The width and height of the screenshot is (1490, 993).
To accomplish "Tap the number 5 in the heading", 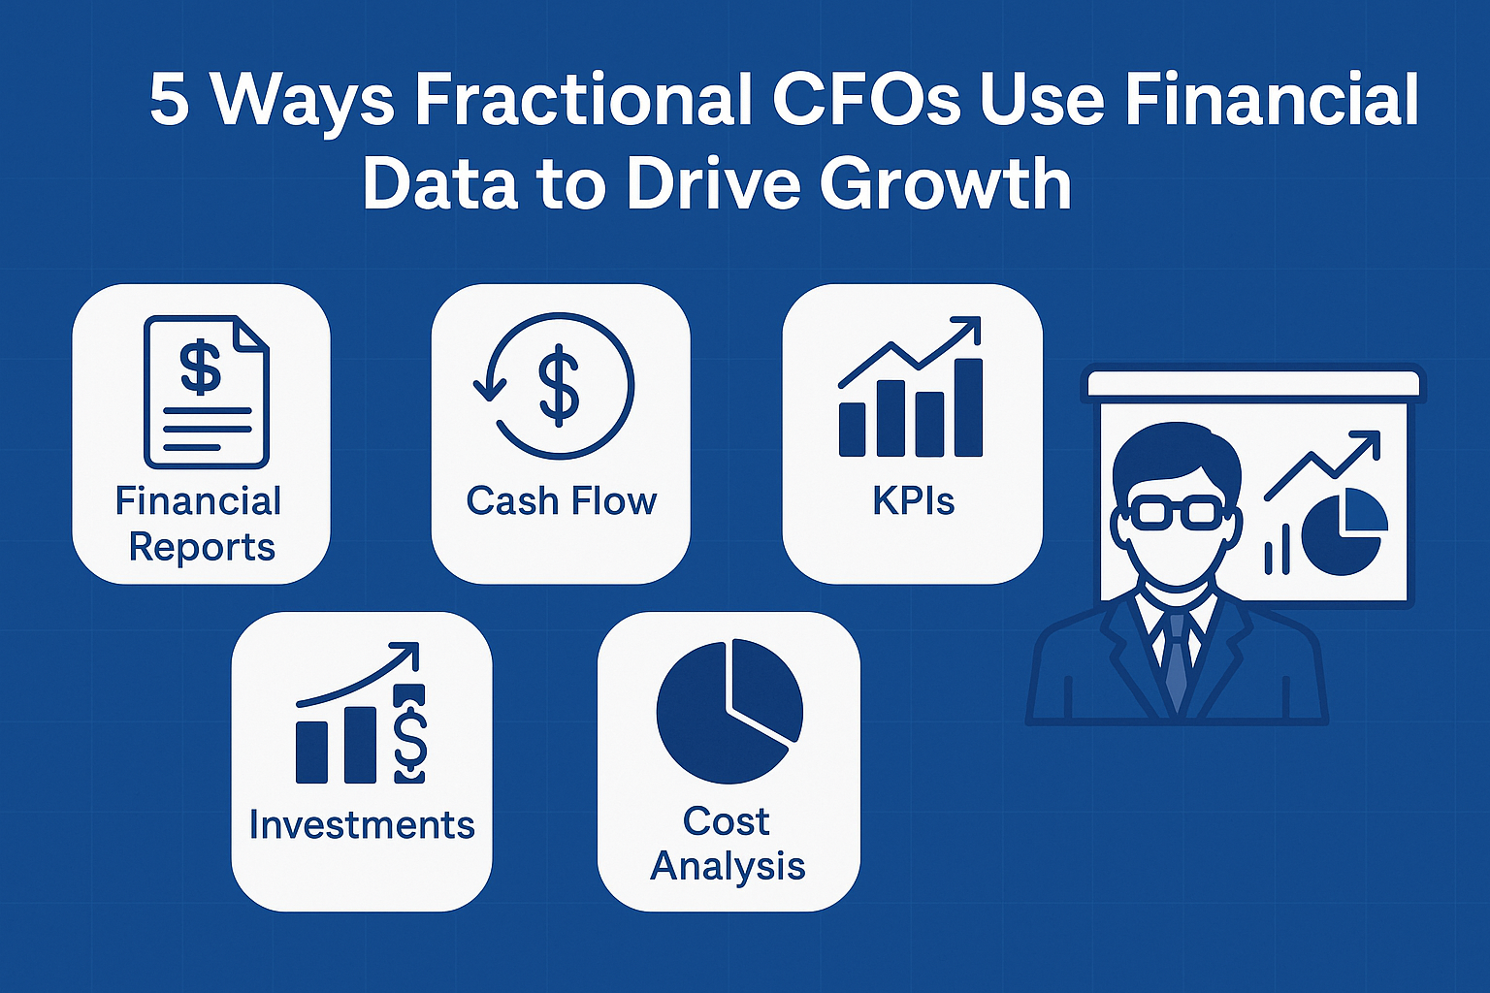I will tap(169, 100).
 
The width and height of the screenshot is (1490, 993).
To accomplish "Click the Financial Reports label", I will tap(200, 524).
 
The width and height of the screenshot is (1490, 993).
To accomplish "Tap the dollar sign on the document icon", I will tap(201, 368).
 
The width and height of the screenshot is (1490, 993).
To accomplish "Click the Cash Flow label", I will tap(561, 501).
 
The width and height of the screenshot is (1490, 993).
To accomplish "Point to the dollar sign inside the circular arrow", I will tap(560, 388).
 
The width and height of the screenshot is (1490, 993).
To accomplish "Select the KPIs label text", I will tap(913, 501).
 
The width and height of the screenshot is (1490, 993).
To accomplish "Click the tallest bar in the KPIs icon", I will tap(968, 407).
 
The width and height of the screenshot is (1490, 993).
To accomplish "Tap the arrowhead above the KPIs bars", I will tap(969, 329).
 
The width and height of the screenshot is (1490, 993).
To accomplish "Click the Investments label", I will tap(361, 824).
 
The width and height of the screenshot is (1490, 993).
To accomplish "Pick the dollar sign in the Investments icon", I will tap(410, 735).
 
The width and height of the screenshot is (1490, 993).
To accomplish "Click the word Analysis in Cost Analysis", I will tap(728, 866).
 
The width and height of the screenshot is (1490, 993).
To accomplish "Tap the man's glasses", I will tap(1175, 510).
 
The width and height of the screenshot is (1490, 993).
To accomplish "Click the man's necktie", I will tap(1176, 659).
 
